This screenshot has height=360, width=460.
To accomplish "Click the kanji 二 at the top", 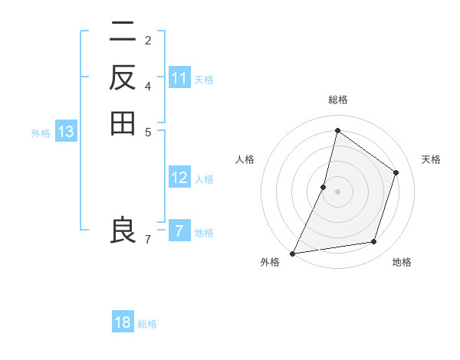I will [122, 33].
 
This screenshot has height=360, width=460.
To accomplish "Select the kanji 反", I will [122, 77].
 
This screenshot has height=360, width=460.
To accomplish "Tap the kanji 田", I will [122, 123].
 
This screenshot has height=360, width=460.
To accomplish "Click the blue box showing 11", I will [179, 78].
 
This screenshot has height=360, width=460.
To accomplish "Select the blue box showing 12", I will [179, 178].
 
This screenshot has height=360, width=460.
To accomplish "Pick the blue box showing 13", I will [66, 132].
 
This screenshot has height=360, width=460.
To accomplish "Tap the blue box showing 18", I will [123, 322].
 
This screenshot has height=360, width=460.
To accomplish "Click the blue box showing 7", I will [179, 231].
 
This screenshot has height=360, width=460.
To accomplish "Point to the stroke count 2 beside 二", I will [148, 40].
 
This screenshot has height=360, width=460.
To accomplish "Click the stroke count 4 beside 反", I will [148, 85].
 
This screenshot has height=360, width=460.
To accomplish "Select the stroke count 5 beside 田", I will [148, 131].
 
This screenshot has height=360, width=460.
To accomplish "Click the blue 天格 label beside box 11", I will [204, 80].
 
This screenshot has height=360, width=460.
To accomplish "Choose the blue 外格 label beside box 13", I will [41, 133].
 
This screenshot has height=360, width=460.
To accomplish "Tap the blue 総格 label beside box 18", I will [147, 324].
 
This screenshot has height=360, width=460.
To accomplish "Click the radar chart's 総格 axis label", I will [337, 100].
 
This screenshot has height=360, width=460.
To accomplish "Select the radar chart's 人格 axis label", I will [245, 159].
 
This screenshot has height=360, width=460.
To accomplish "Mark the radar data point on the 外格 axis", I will [292, 254].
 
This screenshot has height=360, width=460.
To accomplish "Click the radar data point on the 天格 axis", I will [396, 172].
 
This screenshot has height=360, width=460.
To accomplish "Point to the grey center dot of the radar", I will [337, 191].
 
